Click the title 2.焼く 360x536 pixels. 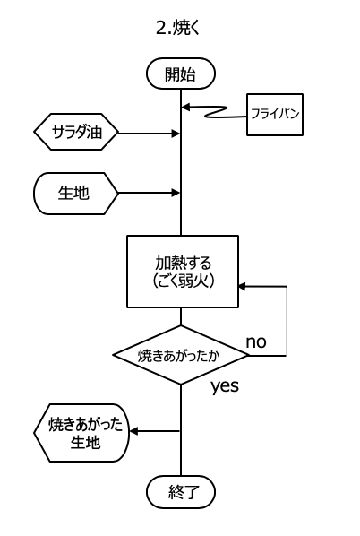tap(177, 28)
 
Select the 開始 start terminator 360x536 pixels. tap(181, 73)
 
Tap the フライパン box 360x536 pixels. tap(275, 115)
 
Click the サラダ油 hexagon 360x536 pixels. tap(76, 132)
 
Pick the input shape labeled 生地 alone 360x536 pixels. tap(75, 193)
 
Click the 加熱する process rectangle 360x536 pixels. tap(183, 272)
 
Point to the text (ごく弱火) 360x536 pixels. tap(183, 281)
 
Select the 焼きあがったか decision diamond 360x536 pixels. tap(181, 355)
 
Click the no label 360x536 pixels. tap(256, 341)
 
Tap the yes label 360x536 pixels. tap(225, 386)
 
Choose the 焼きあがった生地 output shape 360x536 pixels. tap(81, 433)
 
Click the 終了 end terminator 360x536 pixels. tap(181, 492)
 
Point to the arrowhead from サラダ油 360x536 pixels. tap(176, 134)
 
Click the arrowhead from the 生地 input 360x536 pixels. tap(176, 193)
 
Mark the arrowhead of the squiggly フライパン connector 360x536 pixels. tap(185, 107)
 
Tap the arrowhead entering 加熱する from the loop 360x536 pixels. tap(243, 287)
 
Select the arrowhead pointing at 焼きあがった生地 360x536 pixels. tap(134, 431)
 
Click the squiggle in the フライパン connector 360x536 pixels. tap(216, 112)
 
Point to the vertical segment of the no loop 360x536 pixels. tap(287, 321)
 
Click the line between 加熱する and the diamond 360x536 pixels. tap(181, 316)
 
